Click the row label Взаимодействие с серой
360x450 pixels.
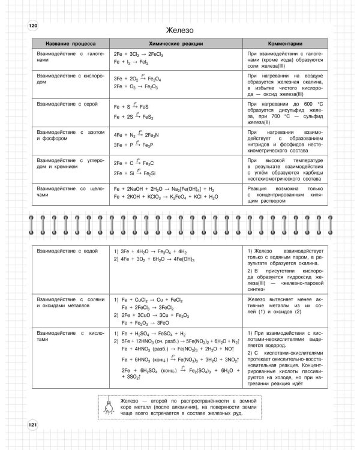click(67, 104)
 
